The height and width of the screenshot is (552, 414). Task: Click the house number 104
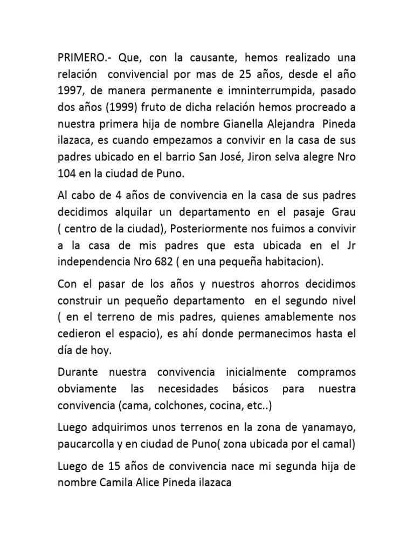[67, 174]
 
